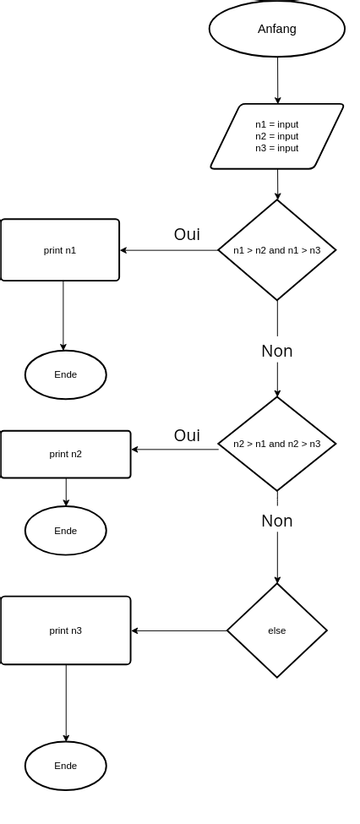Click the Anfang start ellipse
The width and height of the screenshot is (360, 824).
pyautogui.click(x=277, y=29)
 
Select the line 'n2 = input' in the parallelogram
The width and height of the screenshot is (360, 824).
pyautogui.click(x=277, y=136)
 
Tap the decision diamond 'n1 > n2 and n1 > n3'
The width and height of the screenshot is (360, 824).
pyautogui.click(x=277, y=250)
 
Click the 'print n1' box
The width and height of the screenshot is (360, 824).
pyautogui.click(x=60, y=250)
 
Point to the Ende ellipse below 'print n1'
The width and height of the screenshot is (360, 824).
pyautogui.click(x=66, y=374)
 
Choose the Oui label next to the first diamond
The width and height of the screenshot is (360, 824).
pyautogui.click(x=187, y=234)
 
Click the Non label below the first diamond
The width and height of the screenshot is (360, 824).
pyautogui.click(x=277, y=351)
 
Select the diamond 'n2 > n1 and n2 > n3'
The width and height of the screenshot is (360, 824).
pyautogui.click(x=277, y=444)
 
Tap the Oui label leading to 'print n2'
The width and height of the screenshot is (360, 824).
pyautogui.click(x=187, y=435)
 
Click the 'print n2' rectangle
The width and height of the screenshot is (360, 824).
pyautogui.click(x=66, y=454)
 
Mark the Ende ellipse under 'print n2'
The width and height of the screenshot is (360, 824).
pyautogui.click(x=66, y=530)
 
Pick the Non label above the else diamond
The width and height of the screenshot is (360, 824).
pyautogui.click(x=277, y=521)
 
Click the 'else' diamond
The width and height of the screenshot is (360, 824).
pyautogui.click(x=277, y=630)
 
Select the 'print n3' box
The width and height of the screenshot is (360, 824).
pyautogui.click(x=66, y=630)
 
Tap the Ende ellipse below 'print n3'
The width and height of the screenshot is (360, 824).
pyautogui.click(x=66, y=765)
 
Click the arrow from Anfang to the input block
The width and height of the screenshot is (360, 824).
pyautogui.click(x=277, y=80)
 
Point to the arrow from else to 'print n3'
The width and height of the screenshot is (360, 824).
pyautogui.click(x=180, y=630)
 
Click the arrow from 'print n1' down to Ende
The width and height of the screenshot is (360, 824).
pyautogui.click(x=63, y=315)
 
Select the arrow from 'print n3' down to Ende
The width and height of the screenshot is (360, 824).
pyautogui.click(x=66, y=703)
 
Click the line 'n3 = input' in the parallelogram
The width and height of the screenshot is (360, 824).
pyautogui.click(x=277, y=148)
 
